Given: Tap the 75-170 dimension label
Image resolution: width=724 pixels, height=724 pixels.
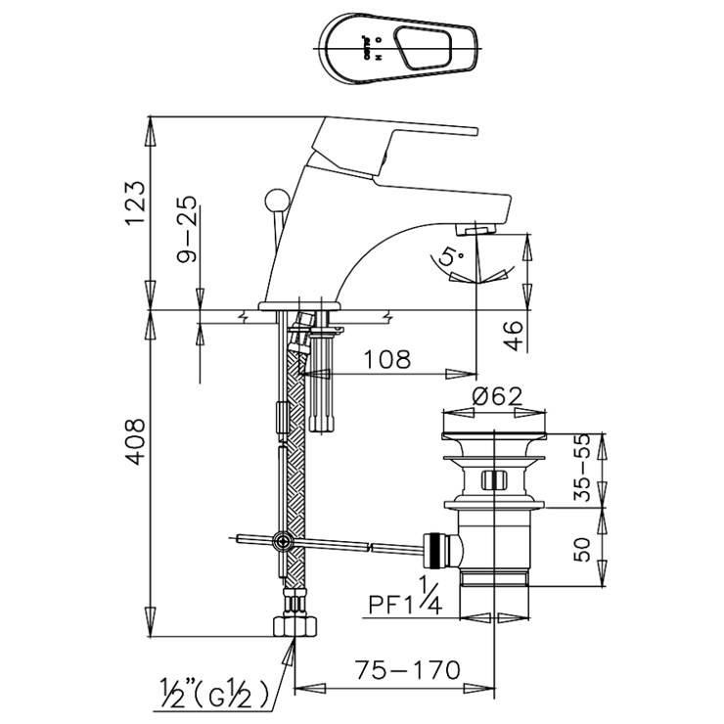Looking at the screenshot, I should [x=410, y=670].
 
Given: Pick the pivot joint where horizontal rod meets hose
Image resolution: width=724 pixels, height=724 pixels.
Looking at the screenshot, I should [x=284, y=539].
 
